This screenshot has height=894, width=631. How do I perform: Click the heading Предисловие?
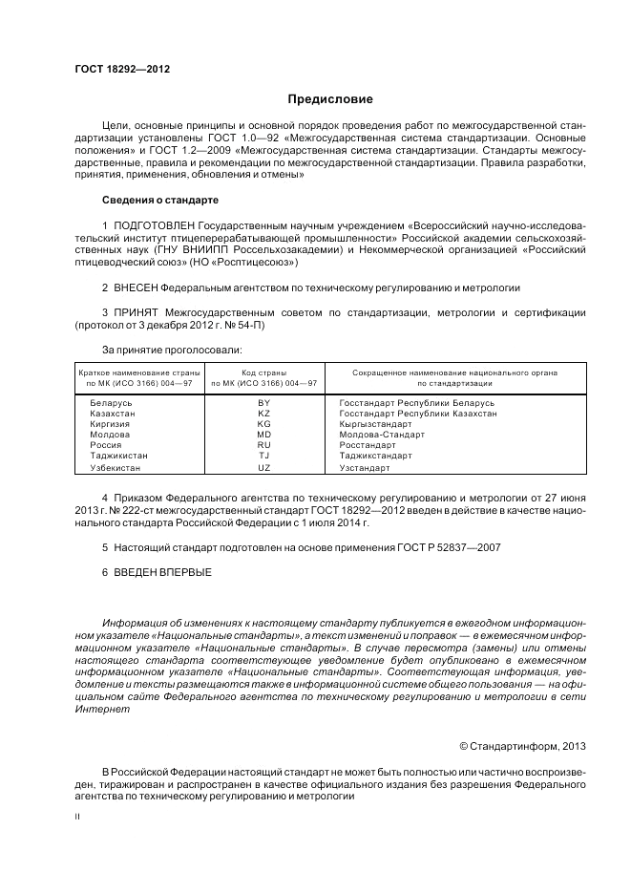(x=330, y=98)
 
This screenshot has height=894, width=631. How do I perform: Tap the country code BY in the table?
(x=264, y=403)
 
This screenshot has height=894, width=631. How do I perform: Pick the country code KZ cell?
(x=264, y=414)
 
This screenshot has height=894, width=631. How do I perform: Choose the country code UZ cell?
(x=264, y=468)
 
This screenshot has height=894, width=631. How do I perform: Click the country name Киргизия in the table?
(x=111, y=424)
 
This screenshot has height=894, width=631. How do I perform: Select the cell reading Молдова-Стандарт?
(x=382, y=435)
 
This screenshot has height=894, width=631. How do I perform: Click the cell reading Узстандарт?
(x=365, y=468)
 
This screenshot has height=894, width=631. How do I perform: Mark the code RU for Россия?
(x=264, y=445)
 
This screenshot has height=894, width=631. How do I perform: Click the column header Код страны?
(x=264, y=372)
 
